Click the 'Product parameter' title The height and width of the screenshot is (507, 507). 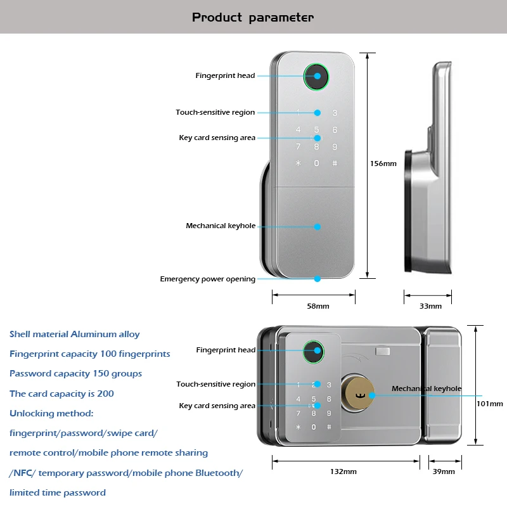click(253, 17)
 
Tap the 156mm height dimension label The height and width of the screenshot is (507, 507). click(383, 164)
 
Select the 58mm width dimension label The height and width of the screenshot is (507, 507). click(318, 306)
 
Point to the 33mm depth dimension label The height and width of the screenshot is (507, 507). click(430, 306)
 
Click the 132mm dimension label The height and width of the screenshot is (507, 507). click(343, 472)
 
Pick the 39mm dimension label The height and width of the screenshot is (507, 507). click(444, 472)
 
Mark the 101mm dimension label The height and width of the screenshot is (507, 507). click(489, 404)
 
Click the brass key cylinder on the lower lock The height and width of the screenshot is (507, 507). click(357, 393)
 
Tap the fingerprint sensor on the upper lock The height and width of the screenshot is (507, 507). click(316, 77)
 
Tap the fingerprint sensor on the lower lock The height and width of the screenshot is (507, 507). click(313, 352)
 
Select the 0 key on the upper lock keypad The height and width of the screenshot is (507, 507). click(316, 164)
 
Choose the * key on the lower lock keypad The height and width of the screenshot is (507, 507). click(298, 427)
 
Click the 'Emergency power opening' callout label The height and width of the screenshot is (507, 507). click(208, 279)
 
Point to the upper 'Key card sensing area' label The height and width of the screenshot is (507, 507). click(217, 138)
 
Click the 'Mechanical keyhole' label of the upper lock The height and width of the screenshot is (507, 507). click(221, 226)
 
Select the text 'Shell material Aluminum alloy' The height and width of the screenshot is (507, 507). click(74, 334)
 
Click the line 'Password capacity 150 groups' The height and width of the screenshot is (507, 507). click(75, 373)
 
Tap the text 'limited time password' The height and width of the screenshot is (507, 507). click(58, 492)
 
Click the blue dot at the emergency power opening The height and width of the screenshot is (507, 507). click(318, 279)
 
